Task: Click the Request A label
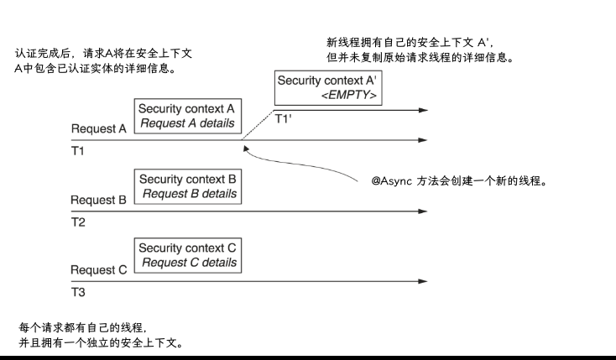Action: (x=99, y=130)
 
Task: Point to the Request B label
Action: (x=99, y=201)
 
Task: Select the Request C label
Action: (x=99, y=270)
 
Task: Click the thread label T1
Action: (x=78, y=154)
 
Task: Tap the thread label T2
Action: (x=78, y=224)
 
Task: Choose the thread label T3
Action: (x=78, y=293)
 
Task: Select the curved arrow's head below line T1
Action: (x=245, y=149)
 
